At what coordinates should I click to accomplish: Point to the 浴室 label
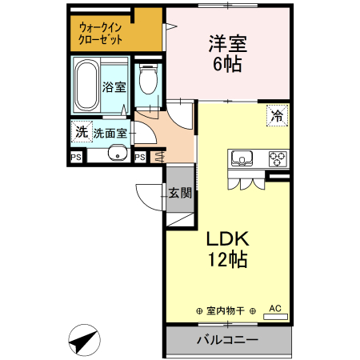coord(114,87)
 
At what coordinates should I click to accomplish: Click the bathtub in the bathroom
coord(86,87)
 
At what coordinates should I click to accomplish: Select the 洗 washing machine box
coord(80,131)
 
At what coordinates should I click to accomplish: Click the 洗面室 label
coord(109,133)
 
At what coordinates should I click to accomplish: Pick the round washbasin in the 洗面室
coord(117,155)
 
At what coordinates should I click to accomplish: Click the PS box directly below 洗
coord(77,157)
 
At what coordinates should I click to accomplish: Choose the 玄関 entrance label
coord(180,192)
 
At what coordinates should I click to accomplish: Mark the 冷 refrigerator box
coord(277,115)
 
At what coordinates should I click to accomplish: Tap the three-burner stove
coord(277,157)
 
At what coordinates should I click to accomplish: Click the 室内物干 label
coord(225,310)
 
